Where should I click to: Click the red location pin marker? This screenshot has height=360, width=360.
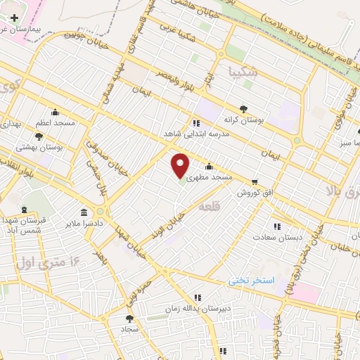pos(181,166)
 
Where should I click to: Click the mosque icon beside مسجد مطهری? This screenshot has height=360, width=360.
pos(209,167)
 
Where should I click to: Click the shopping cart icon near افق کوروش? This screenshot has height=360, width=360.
pos(254,181)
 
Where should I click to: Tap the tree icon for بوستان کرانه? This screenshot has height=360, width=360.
pos(243,108)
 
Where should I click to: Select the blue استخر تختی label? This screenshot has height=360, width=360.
pos(255,280)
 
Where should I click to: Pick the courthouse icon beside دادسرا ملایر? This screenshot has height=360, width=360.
pos(84,212)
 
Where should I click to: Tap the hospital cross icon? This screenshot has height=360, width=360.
pos(14,18)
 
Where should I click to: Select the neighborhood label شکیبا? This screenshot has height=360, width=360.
pos(243,72)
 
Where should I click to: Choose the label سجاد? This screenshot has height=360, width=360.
pos(129,328)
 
